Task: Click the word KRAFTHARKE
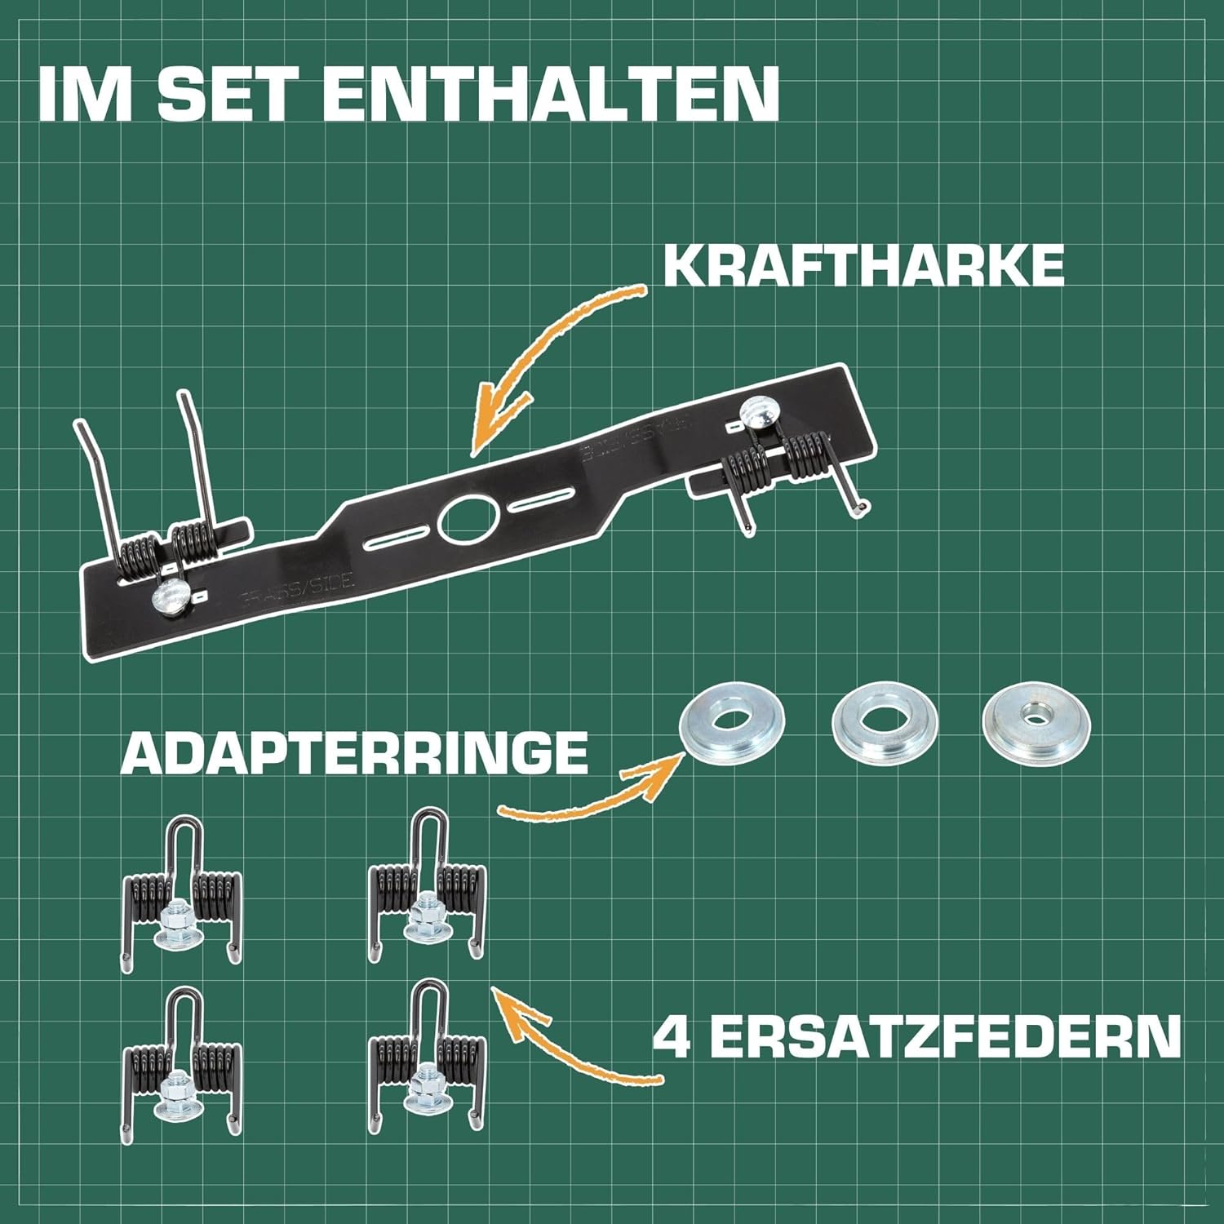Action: [864, 265]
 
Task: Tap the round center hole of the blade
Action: [468, 519]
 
